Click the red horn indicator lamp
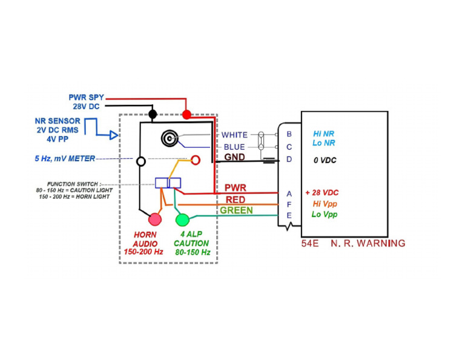[156, 219]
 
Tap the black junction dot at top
[153, 114]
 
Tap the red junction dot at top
[186, 114]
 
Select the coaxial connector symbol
[169, 139]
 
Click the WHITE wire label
[234, 135]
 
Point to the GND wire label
[235, 157]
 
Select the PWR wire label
[236, 188]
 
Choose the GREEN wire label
[237, 210]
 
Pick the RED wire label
[236, 199]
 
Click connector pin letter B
[289, 134]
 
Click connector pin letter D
[289, 159]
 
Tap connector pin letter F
[289, 204]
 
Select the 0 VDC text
[325, 161]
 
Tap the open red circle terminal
[196, 161]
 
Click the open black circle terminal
[141, 162]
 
